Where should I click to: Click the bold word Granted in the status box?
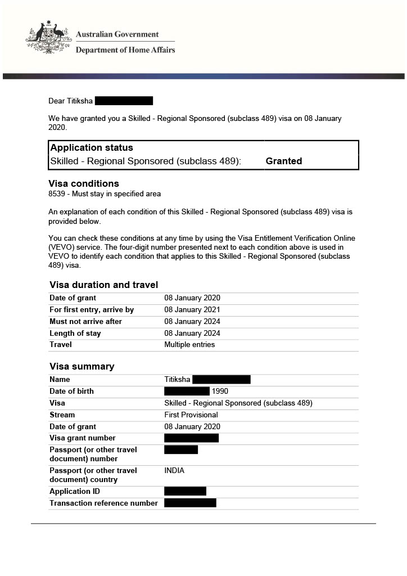point(283,161)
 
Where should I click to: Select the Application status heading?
point(92,148)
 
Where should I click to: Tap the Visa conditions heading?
point(84,183)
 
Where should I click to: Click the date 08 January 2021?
point(192,310)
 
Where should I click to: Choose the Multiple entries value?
point(189,345)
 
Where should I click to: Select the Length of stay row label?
point(75,334)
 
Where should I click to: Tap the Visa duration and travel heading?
point(103,285)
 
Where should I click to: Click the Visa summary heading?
point(82,366)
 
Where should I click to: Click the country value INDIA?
point(174,471)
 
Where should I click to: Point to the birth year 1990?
point(220,391)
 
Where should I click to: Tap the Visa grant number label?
point(83,438)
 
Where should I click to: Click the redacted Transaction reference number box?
point(190,503)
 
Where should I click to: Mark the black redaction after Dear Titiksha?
point(124,101)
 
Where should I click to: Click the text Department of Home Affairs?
point(125,50)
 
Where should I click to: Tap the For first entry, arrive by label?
point(92,310)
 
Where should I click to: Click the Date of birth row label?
point(71,391)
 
